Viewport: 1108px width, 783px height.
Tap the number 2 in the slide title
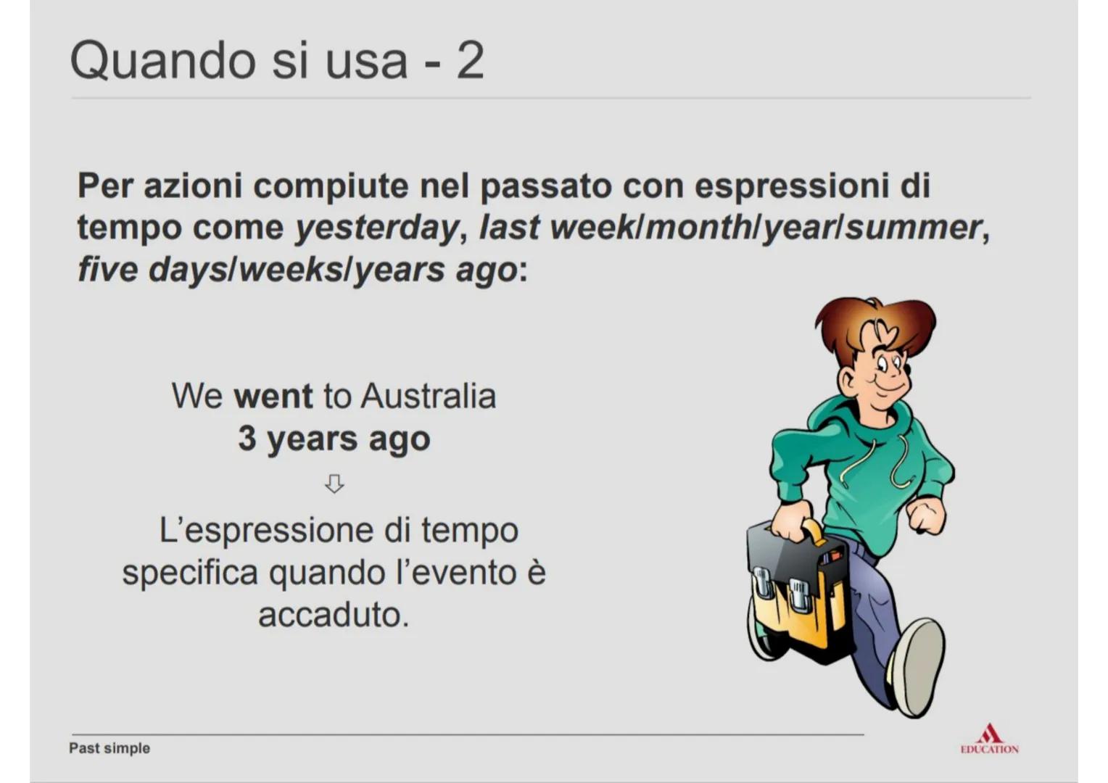click(470, 61)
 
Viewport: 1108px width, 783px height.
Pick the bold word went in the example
click(273, 397)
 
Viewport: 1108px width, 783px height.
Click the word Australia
click(429, 397)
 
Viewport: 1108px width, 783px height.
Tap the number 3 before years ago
click(247, 438)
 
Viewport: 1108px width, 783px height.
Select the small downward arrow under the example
click(334, 484)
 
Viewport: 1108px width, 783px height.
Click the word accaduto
click(334, 615)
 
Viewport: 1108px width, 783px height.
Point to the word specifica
click(190, 573)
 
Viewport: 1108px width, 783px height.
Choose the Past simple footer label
click(109, 748)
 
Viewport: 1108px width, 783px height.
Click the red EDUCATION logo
click(989, 740)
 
